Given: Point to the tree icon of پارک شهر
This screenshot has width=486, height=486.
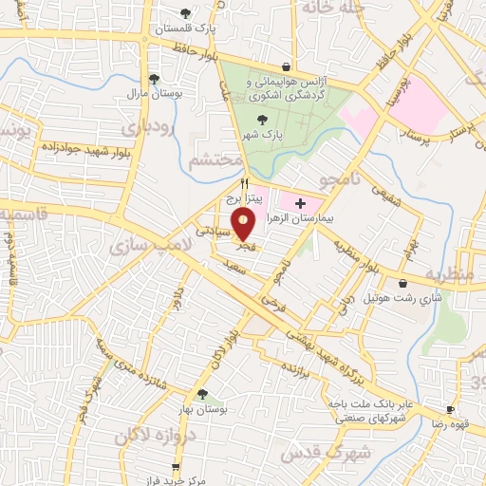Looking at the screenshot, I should pyautogui.click(x=262, y=118).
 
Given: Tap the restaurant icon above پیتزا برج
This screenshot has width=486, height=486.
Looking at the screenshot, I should pyautogui.click(x=245, y=183).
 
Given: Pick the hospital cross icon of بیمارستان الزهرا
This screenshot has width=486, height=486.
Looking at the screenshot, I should pyautogui.click(x=301, y=202).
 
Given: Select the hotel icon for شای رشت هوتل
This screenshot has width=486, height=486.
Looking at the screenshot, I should pyautogui.click(x=404, y=282).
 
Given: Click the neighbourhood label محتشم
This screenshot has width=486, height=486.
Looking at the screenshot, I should pyautogui.click(x=210, y=161).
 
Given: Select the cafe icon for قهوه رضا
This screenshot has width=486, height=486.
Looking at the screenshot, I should pyautogui.click(x=451, y=411).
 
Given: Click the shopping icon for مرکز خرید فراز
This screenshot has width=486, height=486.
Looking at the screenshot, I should pyautogui.click(x=175, y=466).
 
